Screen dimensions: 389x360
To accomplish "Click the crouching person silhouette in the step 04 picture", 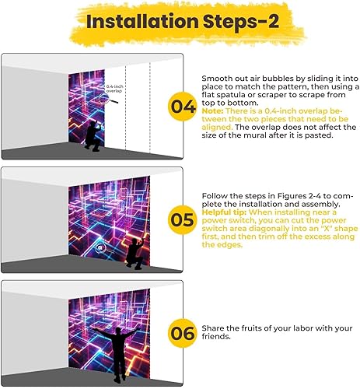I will pos(93,137).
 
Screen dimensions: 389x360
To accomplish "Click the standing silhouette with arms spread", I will pos(117,354).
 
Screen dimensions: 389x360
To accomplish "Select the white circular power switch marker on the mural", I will pos(99,247).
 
